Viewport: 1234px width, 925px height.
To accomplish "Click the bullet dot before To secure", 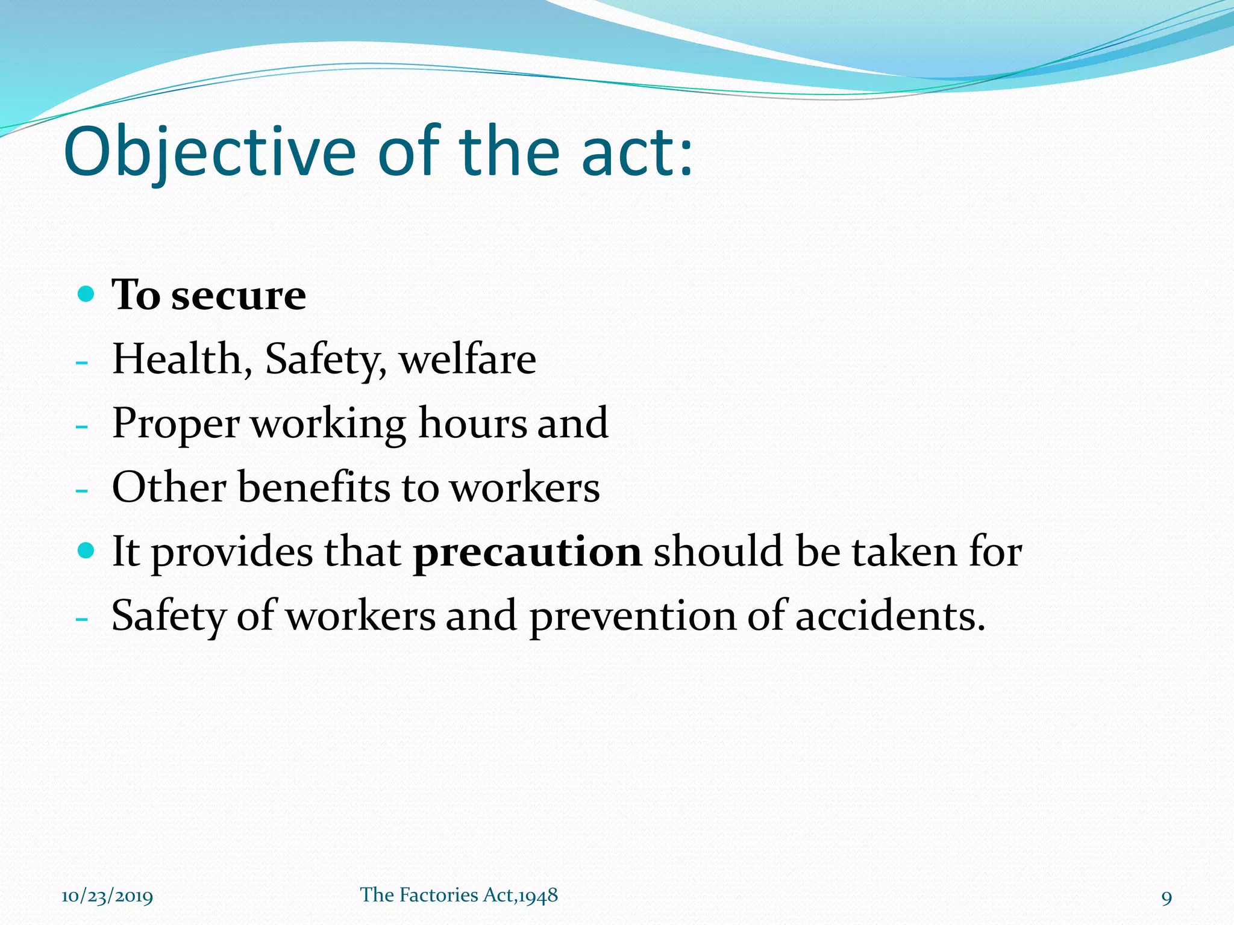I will pyautogui.click(x=87, y=294).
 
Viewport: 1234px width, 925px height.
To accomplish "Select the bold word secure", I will pyautogui.click(x=239, y=296).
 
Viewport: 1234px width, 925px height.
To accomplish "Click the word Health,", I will pyautogui.click(x=182, y=360).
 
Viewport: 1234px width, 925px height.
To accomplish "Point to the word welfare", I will pyautogui.click(x=467, y=360).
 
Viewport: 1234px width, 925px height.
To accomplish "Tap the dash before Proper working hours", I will pyautogui.click(x=82, y=427).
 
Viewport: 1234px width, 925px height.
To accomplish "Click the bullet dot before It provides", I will pyautogui.click(x=87, y=550).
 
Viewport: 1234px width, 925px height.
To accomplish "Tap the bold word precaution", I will pyautogui.click(x=527, y=552).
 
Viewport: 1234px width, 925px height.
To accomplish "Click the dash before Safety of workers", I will pyautogui.click(x=82, y=620).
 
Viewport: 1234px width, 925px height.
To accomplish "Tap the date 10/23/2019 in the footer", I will pyautogui.click(x=107, y=897).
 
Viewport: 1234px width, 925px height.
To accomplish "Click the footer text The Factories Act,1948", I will pyautogui.click(x=459, y=895).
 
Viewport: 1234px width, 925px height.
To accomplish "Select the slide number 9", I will pyautogui.click(x=1167, y=898).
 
